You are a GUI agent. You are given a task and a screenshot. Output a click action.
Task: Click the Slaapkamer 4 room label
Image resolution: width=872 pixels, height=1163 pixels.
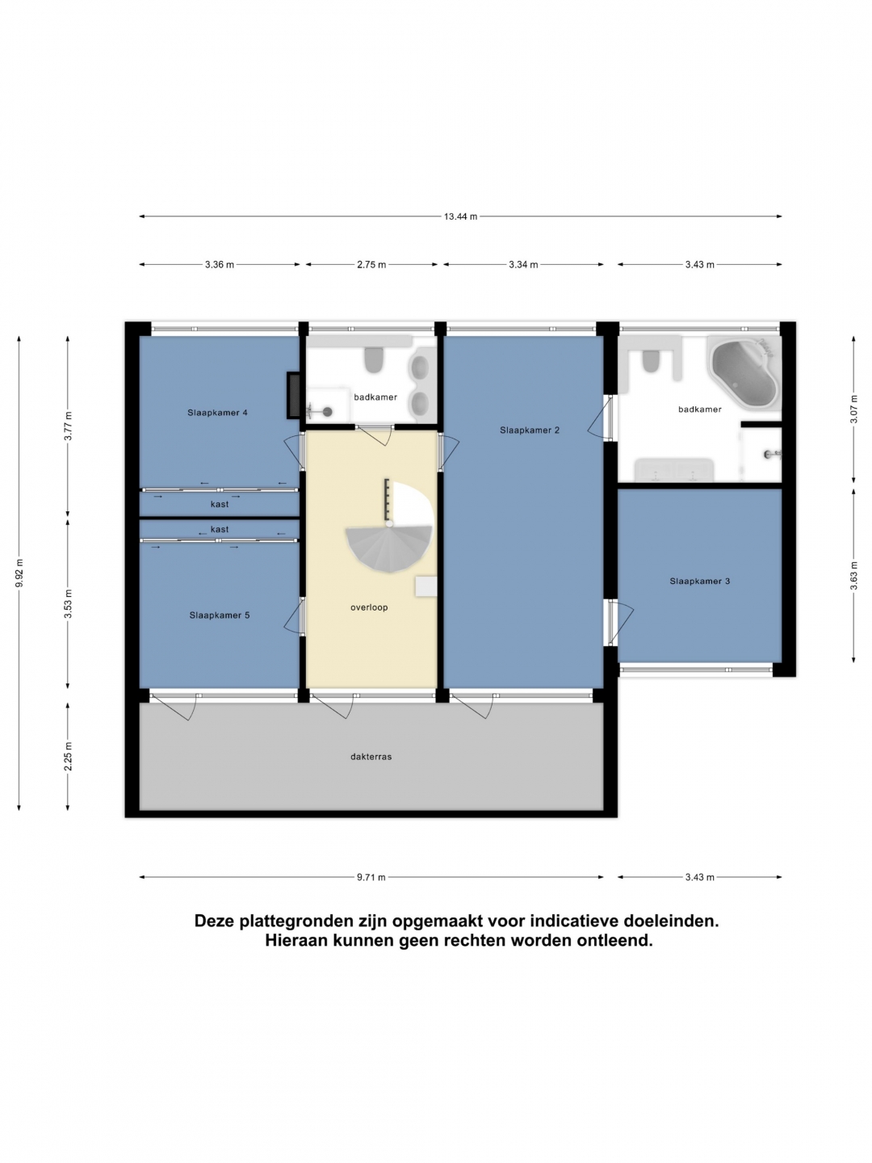click(x=217, y=412)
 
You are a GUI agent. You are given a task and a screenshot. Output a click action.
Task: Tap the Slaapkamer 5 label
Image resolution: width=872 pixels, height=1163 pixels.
click(x=219, y=615)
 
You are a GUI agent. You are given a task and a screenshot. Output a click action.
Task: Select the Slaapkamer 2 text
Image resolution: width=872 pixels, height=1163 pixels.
click(x=530, y=430)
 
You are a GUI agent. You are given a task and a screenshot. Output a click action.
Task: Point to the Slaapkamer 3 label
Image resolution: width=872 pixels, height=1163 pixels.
click(x=699, y=581)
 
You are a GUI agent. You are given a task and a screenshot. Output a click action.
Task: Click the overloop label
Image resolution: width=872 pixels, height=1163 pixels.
click(x=369, y=607)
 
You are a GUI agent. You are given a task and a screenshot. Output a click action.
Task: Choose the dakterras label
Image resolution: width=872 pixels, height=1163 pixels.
click(x=371, y=757)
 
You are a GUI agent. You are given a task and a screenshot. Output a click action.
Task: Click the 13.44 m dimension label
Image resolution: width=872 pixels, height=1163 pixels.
click(x=460, y=216)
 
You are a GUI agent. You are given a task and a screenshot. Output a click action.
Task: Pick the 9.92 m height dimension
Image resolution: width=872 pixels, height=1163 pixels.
click(x=19, y=573)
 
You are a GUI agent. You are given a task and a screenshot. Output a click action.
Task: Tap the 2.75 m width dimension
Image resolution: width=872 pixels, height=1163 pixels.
click(x=371, y=264)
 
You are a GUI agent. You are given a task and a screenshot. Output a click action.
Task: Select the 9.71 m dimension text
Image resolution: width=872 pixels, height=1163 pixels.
click(x=371, y=877)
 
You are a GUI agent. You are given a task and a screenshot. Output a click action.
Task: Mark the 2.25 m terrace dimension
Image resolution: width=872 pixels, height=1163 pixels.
click(x=68, y=757)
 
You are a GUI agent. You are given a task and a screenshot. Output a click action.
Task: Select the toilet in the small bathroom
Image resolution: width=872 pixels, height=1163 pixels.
click(x=375, y=359)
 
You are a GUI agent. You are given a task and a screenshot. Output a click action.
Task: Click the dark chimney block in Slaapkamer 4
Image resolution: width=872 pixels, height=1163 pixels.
click(x=294, y=395)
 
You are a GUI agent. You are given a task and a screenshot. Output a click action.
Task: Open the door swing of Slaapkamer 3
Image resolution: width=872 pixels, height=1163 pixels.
click(x=622, y=623)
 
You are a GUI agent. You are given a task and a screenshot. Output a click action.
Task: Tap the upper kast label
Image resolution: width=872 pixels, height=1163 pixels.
click(x=219, y=504)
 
